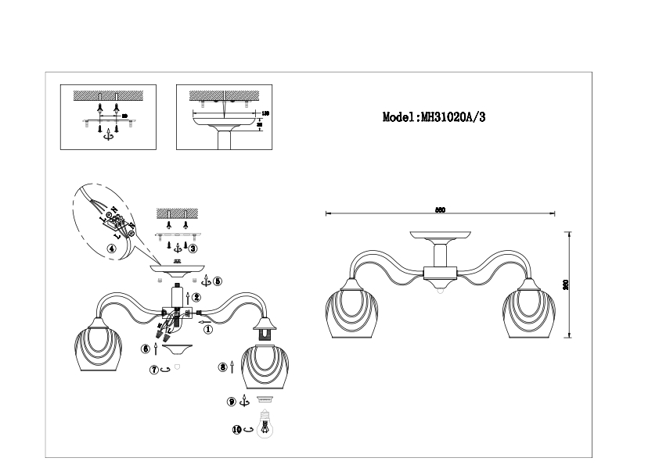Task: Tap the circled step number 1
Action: (x=208, y=330)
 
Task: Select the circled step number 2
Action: (x=196, y=297)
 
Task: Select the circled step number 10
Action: (x=237, y=429)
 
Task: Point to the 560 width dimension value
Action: (x=440, y=209)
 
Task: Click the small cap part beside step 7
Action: (x=176, y=368)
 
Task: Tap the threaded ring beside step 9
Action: (x=264, y=399)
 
